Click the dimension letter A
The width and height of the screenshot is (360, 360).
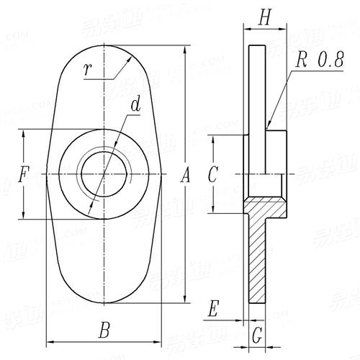[185, 174]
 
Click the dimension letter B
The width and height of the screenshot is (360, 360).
[104, 331]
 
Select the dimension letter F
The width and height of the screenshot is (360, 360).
[24, 174]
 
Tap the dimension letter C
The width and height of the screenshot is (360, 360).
[212, 174]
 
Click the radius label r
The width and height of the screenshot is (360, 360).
[88, 70]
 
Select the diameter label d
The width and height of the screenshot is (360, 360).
[135, 105]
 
